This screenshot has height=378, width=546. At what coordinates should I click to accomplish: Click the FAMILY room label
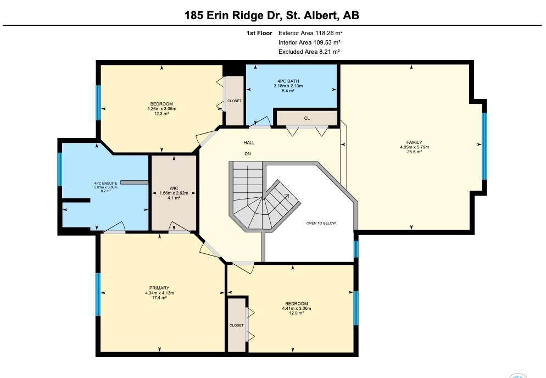414,142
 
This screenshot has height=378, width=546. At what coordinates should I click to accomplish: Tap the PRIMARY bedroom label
159,288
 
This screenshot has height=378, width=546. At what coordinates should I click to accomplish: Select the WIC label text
174,188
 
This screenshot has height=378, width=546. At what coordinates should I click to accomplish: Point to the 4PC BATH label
288,81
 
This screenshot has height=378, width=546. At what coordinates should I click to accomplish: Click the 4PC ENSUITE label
105,184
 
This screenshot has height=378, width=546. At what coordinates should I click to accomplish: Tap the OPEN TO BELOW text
321,223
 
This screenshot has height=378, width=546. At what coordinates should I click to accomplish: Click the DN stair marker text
248,154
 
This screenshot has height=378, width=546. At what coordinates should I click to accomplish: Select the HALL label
249,142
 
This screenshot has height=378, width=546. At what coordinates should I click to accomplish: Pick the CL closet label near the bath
307,118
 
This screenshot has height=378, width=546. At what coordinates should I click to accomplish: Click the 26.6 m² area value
414,152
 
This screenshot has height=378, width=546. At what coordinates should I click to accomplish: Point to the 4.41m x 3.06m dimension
296,308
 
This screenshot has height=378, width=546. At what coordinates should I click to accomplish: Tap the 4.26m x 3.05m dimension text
161,109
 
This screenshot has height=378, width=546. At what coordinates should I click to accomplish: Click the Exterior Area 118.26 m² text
310,33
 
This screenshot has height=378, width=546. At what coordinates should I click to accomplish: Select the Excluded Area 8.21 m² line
309,52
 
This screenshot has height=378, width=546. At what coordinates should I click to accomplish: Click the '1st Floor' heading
259,33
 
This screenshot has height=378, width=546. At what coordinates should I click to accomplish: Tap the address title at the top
272,15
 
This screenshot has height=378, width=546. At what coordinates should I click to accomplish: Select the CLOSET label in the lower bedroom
236,325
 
